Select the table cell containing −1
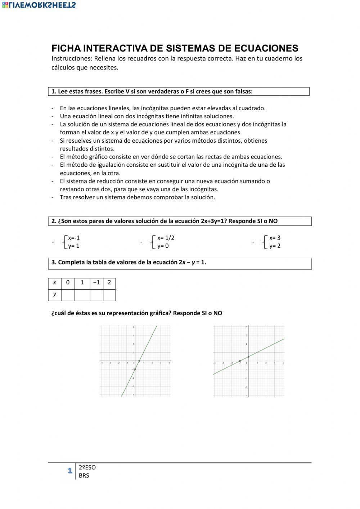[x=96, y=282]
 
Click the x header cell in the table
[x=55, y=282]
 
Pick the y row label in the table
[x=55, y=294]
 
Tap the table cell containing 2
[x=109, y=282]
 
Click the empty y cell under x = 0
[x=68, y=295]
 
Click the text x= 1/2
[x=166, y=238]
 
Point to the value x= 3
[x=275, y=238]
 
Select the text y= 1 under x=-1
[x=74, y=246]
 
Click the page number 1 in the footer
[x=69, y=471]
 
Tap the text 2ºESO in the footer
[x=87, y=468]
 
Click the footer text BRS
[x=84, y=475]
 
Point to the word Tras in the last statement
[x=66, y=197]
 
